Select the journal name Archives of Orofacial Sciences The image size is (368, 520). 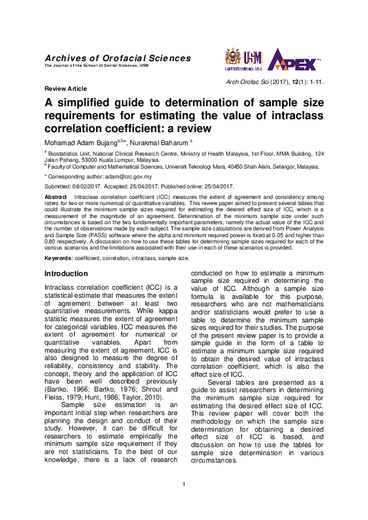(x=118, y=58)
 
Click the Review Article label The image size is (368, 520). (x=66, y=89)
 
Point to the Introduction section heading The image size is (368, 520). (x=66, y=274)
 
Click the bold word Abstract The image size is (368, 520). (x=56, y=196)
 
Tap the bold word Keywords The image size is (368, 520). (x=59, y=258)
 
